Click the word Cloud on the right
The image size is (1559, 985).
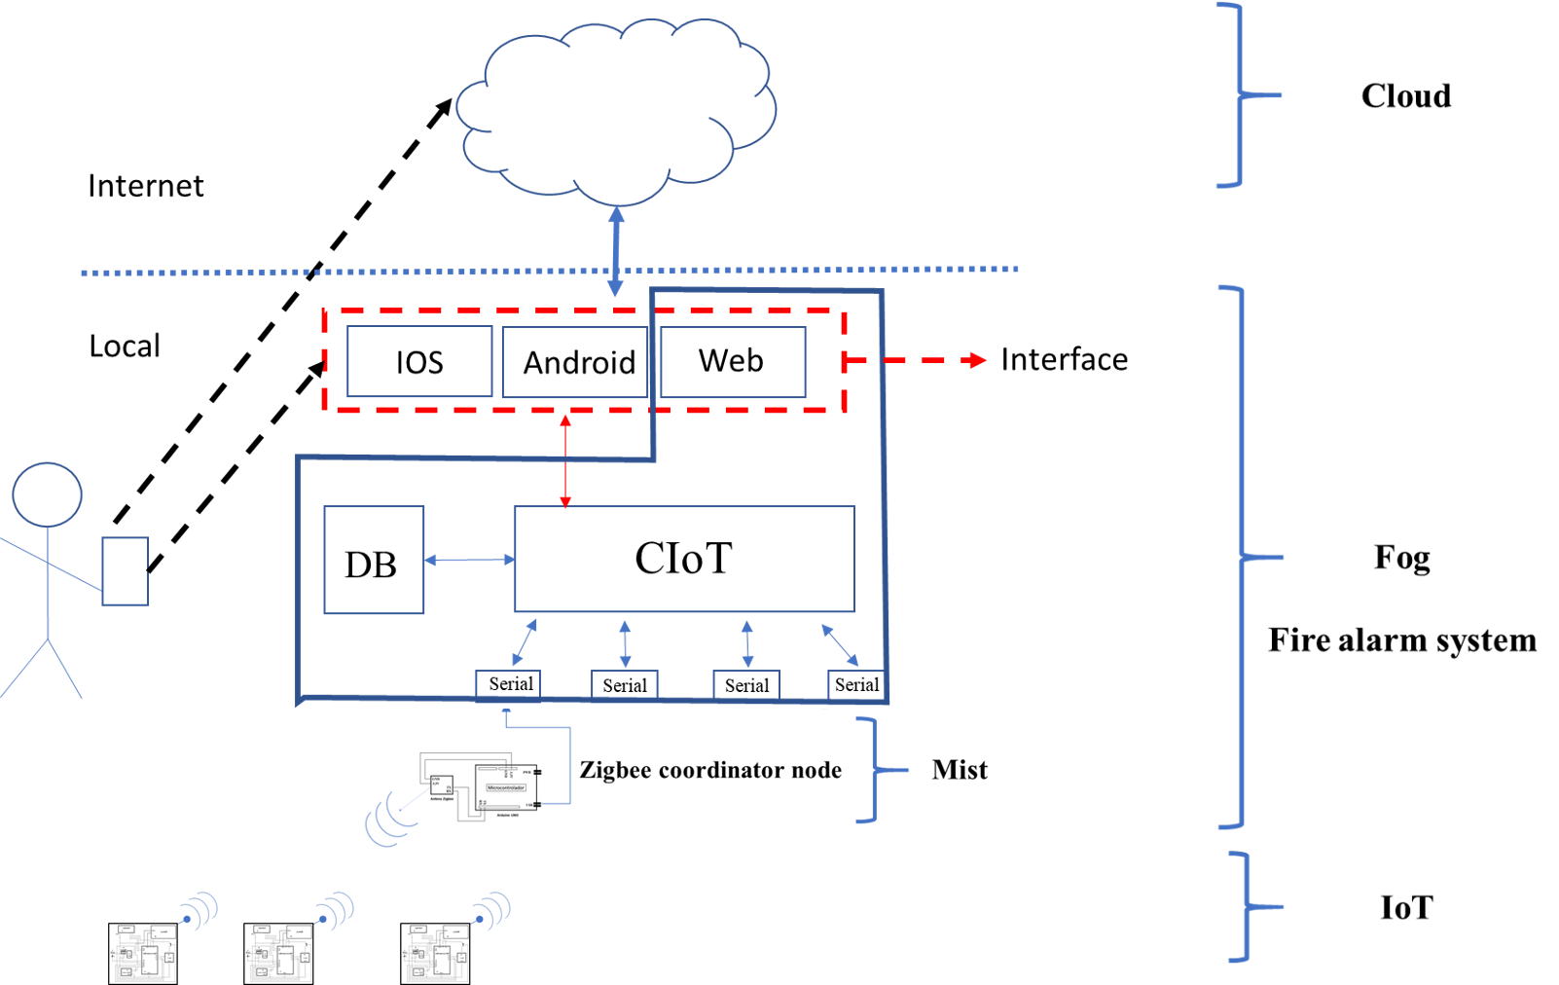[x=1405, y=95]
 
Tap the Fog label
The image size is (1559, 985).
[x=1401, y=558]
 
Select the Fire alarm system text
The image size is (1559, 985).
[x=1401, y=640]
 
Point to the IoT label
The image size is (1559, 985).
[x=1406, y=907]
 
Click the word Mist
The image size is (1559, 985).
[x=959, y=770]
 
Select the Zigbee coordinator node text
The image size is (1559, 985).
[x=710, y=770]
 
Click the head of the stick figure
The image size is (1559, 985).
[x=47, y=494]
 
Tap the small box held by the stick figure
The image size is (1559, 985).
[x=125, y=571]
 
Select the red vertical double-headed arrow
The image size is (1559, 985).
[x=565, y=460]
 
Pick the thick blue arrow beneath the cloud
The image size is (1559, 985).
[x=616, y=250]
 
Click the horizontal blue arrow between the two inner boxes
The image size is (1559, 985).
[x=469, y=560]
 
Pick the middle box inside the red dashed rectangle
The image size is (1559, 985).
[x=574, y=362]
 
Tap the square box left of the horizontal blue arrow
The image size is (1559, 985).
[x=374, y=560]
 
